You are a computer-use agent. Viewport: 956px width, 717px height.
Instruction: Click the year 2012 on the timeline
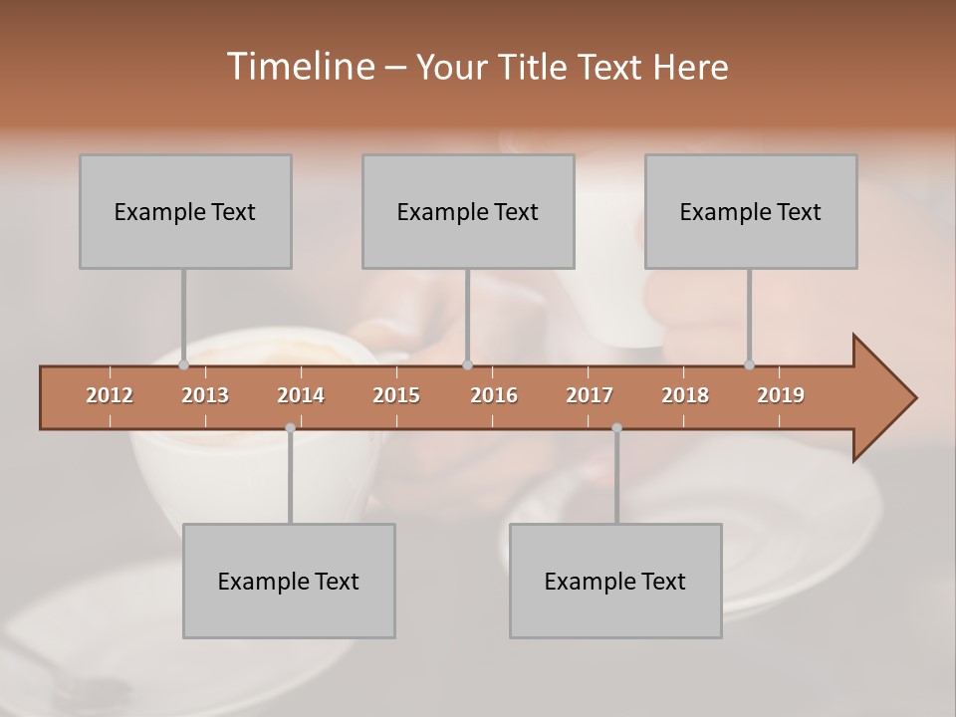pos(110,395)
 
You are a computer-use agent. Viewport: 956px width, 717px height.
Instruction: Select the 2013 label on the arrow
pos(205,395)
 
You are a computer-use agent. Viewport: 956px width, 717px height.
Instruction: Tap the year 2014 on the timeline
pos(301,395)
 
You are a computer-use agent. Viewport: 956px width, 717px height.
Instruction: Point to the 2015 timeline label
pos(396,395)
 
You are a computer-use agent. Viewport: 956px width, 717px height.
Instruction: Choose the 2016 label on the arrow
pos(494,395)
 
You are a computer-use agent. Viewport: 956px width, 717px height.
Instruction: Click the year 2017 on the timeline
pos(590,395)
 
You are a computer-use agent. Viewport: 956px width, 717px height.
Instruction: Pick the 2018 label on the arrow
pos(685,395)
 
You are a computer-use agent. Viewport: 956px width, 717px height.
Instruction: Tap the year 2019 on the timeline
pos(781,395)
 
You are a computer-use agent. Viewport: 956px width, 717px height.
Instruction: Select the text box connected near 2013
pos(185,211)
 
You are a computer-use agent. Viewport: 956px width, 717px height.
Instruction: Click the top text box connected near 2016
pos(468,211)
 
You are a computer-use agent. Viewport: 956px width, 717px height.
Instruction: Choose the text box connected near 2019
pos(751,211)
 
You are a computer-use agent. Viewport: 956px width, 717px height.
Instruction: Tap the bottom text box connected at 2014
pos(289,581)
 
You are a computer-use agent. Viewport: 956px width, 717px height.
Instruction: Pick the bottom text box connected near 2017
pos(615,581)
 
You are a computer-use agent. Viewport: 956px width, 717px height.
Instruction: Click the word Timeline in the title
pos(299,67)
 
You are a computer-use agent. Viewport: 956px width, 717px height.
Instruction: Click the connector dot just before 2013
pos(183,364)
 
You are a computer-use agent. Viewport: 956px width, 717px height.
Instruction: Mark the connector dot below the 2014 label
pos(290,427)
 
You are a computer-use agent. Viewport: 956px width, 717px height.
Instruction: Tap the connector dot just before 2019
pos(749,364)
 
